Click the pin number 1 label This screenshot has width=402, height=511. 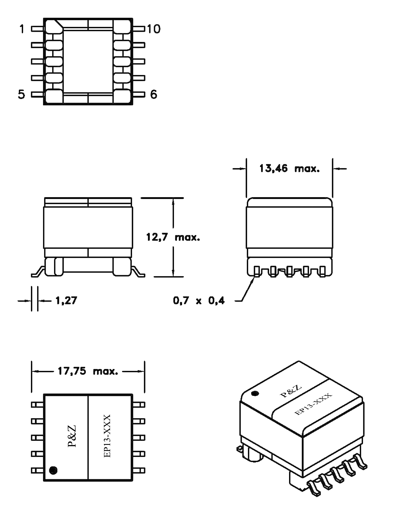[x=22, y=29]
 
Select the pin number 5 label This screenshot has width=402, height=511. [x=22, y=94]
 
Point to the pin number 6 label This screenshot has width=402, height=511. [x=154, y=94]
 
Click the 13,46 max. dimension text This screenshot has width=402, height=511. [x=290, y=169]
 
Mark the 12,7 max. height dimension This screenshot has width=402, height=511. [x=173, y=237]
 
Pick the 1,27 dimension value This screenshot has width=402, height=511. [x=66, y=300]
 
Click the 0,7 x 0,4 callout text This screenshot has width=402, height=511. [x=199, y=300]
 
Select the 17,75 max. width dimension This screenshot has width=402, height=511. [x=88, y=371]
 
